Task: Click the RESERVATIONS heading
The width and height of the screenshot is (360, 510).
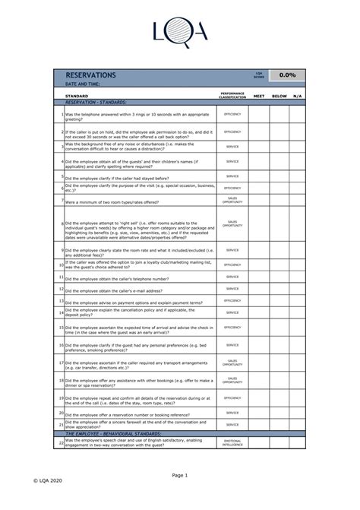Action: click(x=90, y=76)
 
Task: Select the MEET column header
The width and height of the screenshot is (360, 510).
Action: click(x=259, y=97)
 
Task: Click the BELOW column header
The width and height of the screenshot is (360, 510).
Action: click(x=279, y=97)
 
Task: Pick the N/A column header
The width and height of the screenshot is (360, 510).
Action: click(x=298, y=97)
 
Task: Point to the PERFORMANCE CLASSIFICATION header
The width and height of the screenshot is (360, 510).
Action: click(x=232, y=97)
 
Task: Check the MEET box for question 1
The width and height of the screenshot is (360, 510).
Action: click(x=259, y=115)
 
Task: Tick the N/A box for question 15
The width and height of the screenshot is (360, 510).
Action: click(x=298, y=327)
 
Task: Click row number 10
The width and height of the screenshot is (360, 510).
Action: click(x=61, y=265)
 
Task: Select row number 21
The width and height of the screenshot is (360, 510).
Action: click(x=61, y=424)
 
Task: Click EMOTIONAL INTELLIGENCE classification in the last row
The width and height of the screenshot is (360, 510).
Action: click(x=232, y=442)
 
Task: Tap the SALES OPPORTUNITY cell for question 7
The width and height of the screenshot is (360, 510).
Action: click(x=232, y=201)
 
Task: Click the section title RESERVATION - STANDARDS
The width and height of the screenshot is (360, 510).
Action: click(x=95, y=102)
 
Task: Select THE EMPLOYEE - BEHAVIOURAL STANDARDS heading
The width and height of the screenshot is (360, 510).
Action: click(x=113, y=432)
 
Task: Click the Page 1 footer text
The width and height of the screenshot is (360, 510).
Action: click(x=179, y=475)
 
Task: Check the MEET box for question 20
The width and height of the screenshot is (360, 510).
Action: click(x=259, y=413)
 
